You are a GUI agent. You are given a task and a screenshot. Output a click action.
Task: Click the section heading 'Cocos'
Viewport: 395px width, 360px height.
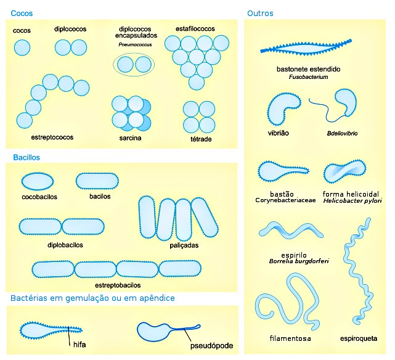pyautogui.click(x=22, y=13)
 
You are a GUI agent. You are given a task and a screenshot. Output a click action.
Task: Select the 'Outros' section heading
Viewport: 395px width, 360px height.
pyautogui.click(x=260, y=13)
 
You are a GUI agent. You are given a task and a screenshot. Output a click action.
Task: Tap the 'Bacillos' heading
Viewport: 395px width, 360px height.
pyautogui.click(x=26, y=157)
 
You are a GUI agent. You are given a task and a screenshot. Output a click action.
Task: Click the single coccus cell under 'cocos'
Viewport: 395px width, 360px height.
pyautogui.click(x=22, y=47)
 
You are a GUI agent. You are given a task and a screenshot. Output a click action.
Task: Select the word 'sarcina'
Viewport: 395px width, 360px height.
pyautogui.click(x=130, y=138)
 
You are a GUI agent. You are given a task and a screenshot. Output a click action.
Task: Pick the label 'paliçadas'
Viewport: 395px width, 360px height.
pyautogui.click(x=184, y=245)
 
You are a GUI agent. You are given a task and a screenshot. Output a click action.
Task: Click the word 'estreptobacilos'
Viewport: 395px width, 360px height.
pyautogui.click(x=117, y=285)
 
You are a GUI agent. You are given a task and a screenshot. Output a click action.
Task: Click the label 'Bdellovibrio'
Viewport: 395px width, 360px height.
pyautogui.click(x=343, y=133)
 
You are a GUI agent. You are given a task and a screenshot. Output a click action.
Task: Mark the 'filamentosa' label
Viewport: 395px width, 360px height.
pyautogui.click(x=290, y=338)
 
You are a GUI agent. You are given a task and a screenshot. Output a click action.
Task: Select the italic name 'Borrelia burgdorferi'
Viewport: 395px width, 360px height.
pyautogui.click(x=299, y=261)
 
